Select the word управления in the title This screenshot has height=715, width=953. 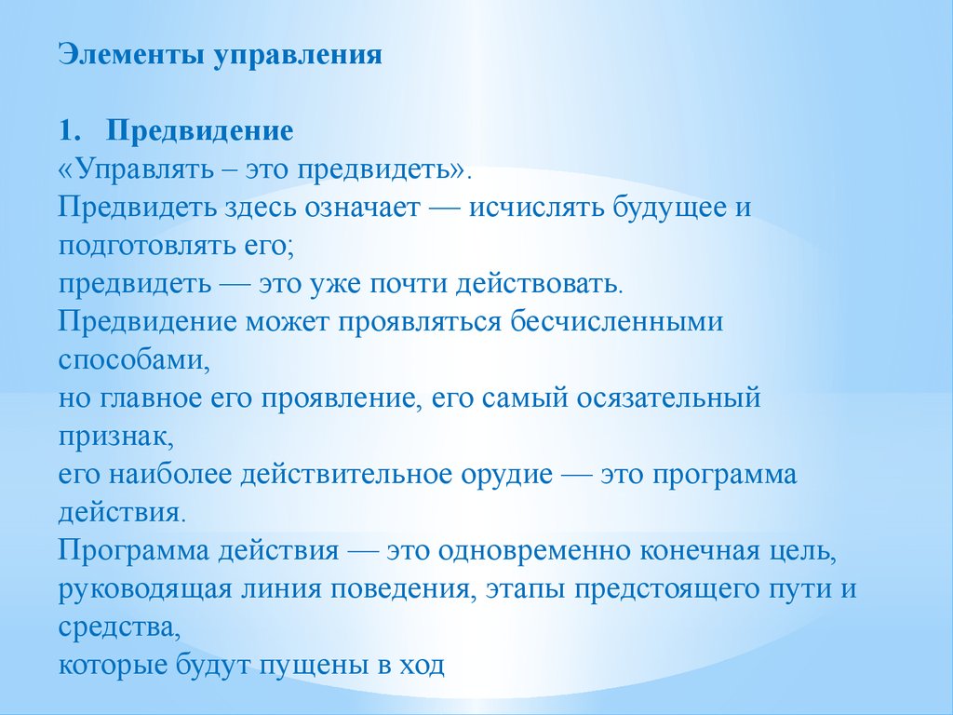[x=298, y=56]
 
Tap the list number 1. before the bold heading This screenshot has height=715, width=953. [x=70, y=130]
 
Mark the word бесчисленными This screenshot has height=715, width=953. [x=616, y=321]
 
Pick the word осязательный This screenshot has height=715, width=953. [x=668, y=398]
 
